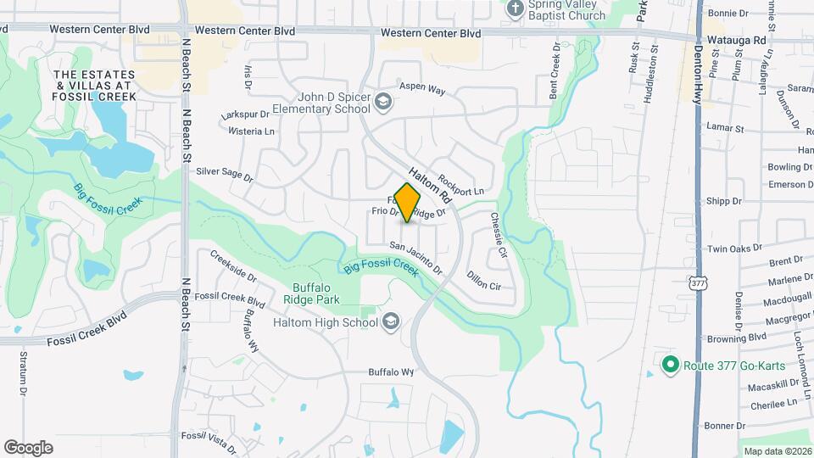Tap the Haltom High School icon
(x=391, y=322)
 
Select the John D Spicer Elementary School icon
(x=384, y=103)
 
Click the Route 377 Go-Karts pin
(x=670, y=366)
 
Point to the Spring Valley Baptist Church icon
(x=515, y=8)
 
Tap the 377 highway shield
(x=698, y=282)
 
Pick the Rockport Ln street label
(x=461, y=179)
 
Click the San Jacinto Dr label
(x=416, y=258)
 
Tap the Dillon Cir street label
(x=483, y=280)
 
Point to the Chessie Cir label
(x=498, y=234)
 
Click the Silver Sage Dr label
(x=225, y=175)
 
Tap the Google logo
(x=28, y=447)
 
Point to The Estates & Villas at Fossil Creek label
(x=94, y=86)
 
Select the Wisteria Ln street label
(x=252, y=131)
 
